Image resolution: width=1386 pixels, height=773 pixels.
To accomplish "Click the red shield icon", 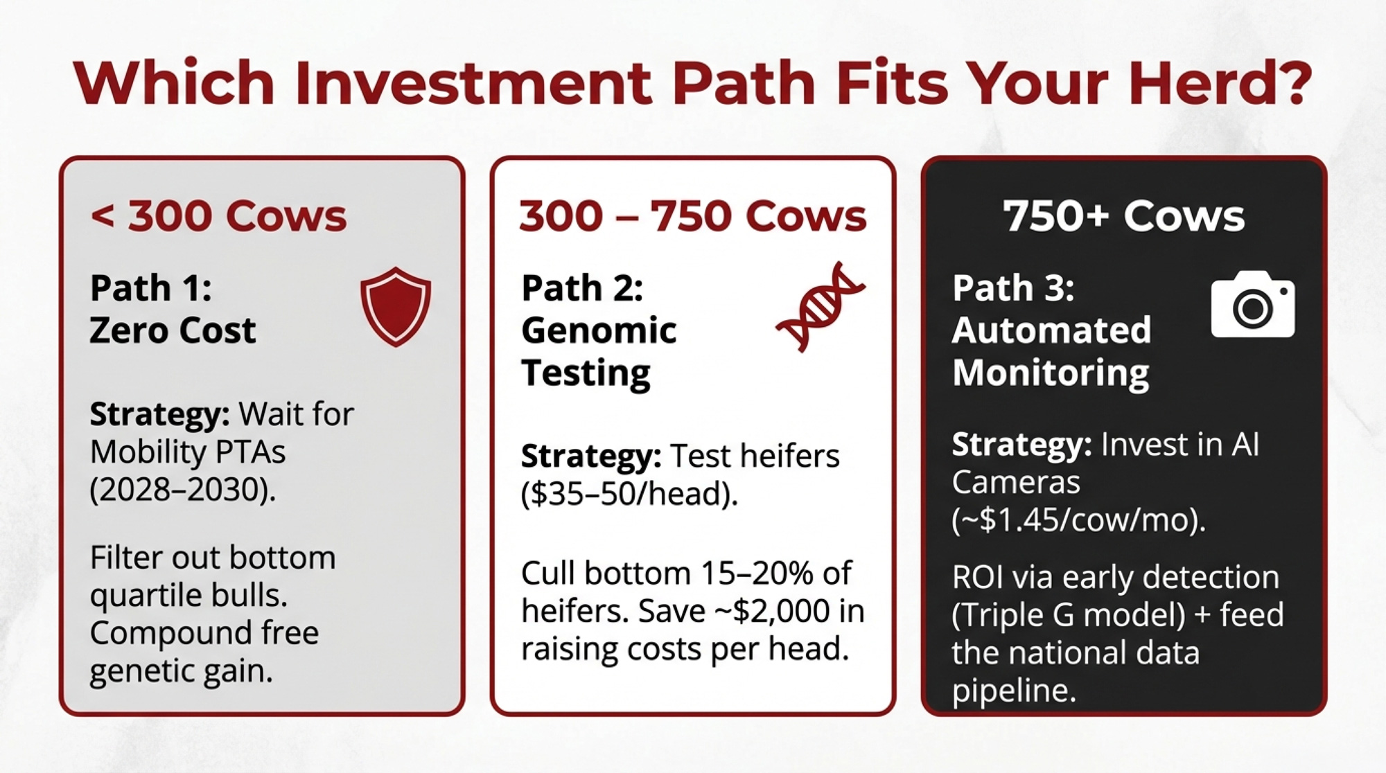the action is (396, 306).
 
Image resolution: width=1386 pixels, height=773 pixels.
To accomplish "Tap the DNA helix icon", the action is (821, 307).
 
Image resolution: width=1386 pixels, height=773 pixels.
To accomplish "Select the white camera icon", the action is (1253, 305).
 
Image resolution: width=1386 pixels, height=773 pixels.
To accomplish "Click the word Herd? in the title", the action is (1220, 83).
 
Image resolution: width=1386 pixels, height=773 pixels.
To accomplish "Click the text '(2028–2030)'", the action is (182, 490).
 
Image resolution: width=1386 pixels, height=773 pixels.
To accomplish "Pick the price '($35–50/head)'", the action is (629, 495).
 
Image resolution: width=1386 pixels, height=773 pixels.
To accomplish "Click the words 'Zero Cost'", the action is (173, 330).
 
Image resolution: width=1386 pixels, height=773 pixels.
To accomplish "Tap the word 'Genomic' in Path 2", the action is (599, 330).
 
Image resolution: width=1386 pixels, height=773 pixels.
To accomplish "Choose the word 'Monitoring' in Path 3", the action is (1051, 373).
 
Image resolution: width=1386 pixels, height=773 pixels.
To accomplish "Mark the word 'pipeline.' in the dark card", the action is (1014, 691).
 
